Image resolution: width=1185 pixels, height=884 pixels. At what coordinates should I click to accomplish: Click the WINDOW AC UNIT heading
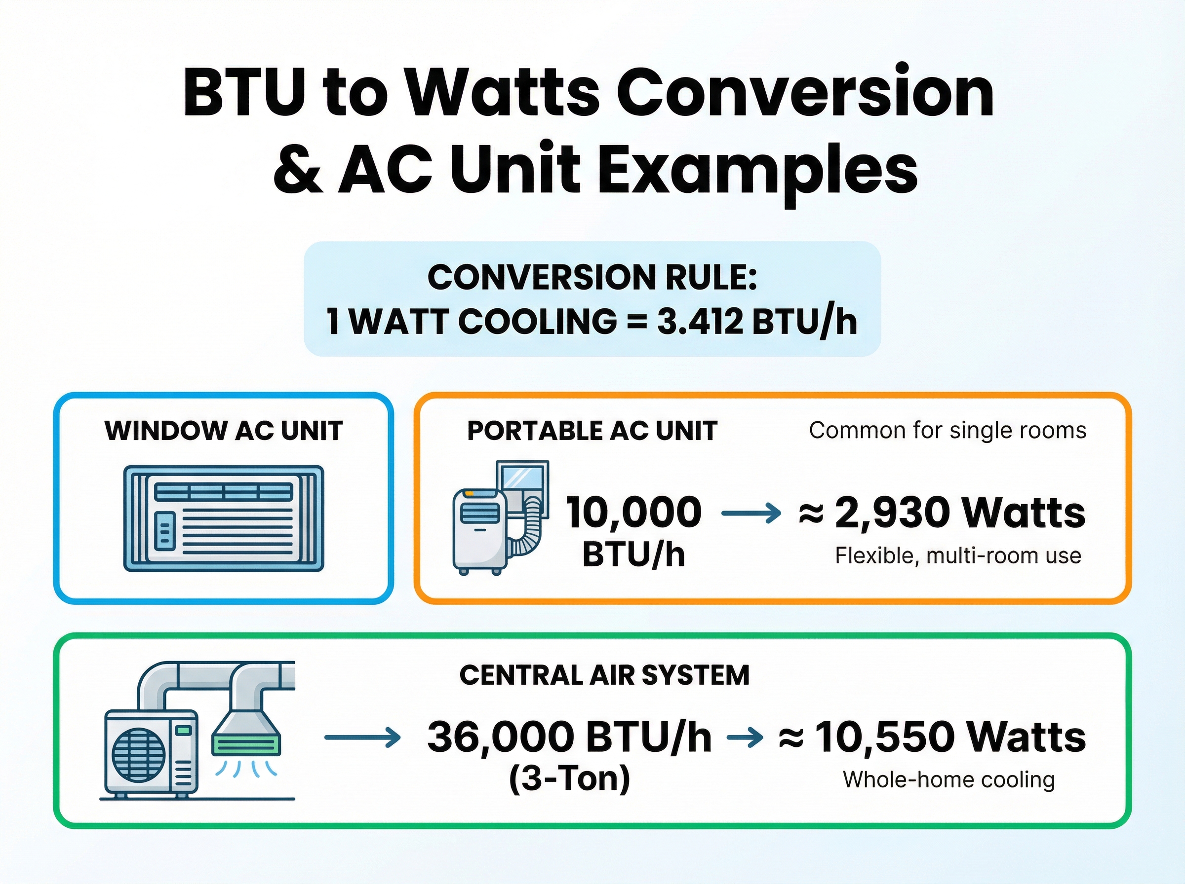click(x=224, y=431)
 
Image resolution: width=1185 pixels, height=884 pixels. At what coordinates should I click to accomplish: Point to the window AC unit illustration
click(x=224, y=518)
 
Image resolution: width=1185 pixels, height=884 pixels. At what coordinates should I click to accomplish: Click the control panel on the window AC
click(x=164, y=531)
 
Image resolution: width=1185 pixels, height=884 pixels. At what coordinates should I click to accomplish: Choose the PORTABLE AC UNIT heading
click(x=592, y=431)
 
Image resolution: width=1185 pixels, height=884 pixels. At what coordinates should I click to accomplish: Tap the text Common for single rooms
click(x=947, y=430)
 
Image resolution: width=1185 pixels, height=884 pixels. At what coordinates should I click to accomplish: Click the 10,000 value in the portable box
click(x=633, y=512)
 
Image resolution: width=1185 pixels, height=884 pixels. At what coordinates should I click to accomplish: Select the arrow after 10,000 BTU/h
click(x=750, y=513)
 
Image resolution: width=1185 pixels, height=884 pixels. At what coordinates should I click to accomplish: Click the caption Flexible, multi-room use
click(x=958, y=555)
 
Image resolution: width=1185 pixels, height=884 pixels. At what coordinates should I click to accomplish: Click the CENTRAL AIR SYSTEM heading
click(x=604, y=675)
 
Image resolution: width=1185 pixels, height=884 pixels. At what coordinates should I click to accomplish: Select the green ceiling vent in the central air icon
click(x=246, y=744)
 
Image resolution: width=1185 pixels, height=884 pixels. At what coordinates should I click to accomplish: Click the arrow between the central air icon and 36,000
click(x=362, y=738)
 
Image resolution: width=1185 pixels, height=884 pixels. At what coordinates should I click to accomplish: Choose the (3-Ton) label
click(x=569, y=778)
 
